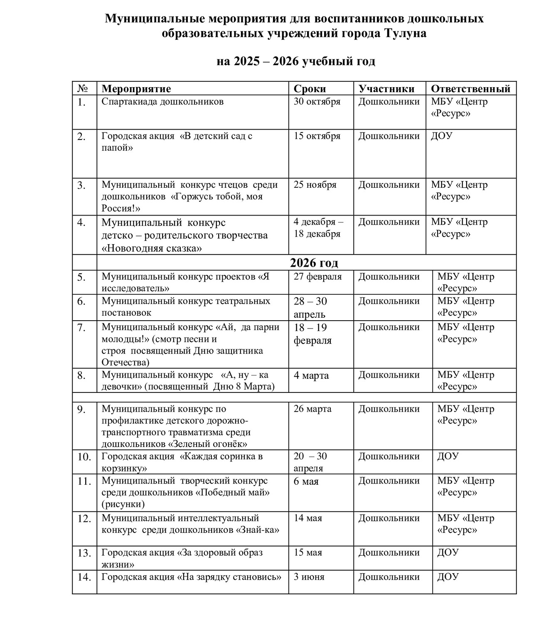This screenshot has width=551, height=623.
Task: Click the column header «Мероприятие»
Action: click(136, 88)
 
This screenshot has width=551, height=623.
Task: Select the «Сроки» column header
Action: click(310, 88)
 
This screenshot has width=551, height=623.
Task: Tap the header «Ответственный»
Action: click(470, 88)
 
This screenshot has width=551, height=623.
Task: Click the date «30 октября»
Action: click(317, 102)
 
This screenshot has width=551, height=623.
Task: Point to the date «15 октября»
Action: click(317, 136)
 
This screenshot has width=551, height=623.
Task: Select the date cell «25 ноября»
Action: click(315, 185)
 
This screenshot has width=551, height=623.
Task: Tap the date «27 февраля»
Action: click(317, 277)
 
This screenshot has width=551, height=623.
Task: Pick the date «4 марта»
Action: click(311, 375)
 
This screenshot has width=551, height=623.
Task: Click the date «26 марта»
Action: click(312, 409)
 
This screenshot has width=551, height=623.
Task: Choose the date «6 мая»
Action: click(306, 481)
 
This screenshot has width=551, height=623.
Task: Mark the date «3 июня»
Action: click(309, 577)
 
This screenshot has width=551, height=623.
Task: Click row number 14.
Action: click(84, 577)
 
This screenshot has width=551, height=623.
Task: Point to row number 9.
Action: click(81, 410)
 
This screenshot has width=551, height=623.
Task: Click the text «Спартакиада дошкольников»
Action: click(162, 102)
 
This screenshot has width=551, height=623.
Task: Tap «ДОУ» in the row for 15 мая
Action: click(448, 552)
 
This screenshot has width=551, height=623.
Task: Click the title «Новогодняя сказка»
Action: click(152, 248)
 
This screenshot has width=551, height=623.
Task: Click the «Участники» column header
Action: click(386, 88)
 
